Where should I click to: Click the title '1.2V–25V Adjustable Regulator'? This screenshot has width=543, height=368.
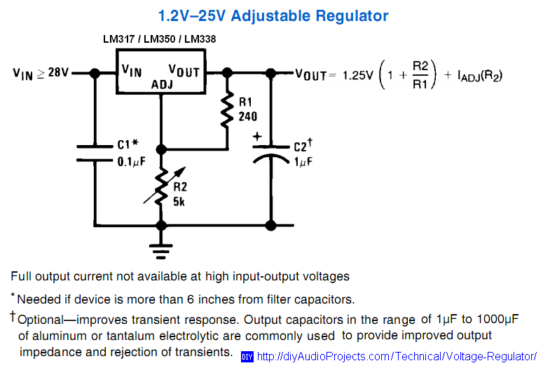[x=273, y=15]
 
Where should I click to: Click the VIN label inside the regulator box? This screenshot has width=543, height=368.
[x=132, y=70]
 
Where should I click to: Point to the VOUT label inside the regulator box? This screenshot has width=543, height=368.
[x=184, y=71]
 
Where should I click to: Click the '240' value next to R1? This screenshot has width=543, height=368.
[x=247, y=116]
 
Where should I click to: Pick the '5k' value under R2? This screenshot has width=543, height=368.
[x=179, y=202]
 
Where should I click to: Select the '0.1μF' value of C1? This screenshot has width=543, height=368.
[x=130, y=161]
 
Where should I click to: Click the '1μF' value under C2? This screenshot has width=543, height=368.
[x=303, y=161]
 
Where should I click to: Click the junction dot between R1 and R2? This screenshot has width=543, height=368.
[x=162, y=149]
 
